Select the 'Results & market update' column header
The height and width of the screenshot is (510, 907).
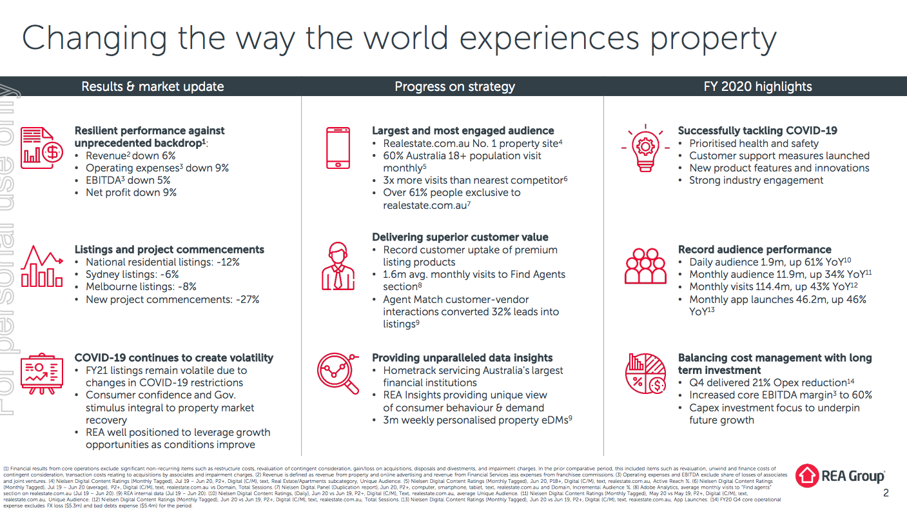(152, 86)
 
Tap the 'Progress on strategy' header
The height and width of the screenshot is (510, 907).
(454, 86)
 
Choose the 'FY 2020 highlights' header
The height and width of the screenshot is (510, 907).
(757, 86)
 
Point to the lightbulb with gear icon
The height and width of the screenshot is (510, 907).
(644, 146)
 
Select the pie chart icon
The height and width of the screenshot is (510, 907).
(645, 373)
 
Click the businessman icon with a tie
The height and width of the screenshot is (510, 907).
(336, 266)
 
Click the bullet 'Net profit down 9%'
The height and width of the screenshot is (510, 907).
(131, 192)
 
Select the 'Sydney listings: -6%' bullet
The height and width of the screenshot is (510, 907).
(132, 274)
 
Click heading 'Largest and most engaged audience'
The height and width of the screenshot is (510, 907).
(463, 130)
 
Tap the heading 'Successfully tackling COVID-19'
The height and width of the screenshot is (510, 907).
(757, 130)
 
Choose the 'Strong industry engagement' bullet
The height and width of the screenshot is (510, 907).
(756, 180)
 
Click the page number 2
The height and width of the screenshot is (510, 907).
(885, 493)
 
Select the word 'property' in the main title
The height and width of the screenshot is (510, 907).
(712, 39)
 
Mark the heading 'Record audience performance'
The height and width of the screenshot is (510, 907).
(754, 250)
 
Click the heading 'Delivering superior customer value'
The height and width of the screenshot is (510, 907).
(460, 237)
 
